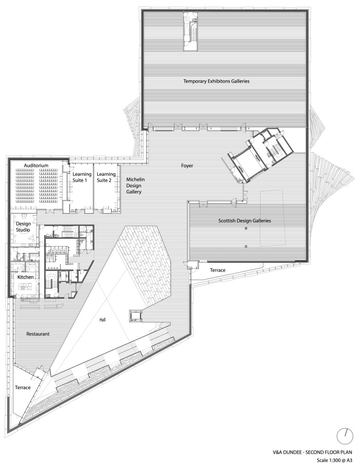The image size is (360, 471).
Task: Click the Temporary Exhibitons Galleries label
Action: (x=216, y=81)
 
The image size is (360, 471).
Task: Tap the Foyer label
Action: (x=187, y=166)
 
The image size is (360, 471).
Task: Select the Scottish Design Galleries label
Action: (x=244, y=221)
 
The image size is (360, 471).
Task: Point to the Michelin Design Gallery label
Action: (x=135, y=186)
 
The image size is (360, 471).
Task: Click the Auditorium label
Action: (x=36, y=166)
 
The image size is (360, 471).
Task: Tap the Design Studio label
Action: (x=23, y=227)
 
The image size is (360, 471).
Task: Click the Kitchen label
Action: (x=25, y=277)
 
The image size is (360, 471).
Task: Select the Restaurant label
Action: (x=38, y=334)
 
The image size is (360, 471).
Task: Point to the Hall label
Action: (x=103, y=320)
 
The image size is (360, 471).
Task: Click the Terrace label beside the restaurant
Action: (x=23, y=387)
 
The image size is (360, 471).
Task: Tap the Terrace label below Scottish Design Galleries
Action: (x=218, y=270)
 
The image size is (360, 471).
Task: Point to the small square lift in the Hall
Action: (x=136, y=316)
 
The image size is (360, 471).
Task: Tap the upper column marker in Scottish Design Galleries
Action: (x=246, y=229)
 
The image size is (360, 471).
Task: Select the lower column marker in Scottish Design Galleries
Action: (x=246, y=247)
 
